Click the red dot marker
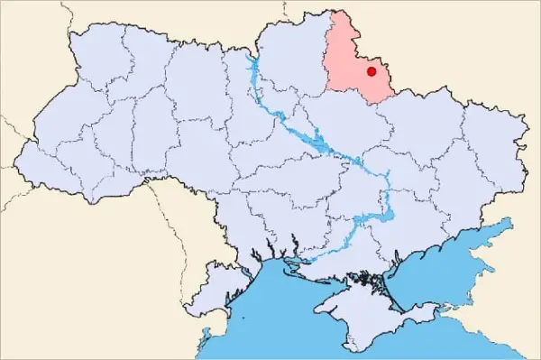click(371, 71)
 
